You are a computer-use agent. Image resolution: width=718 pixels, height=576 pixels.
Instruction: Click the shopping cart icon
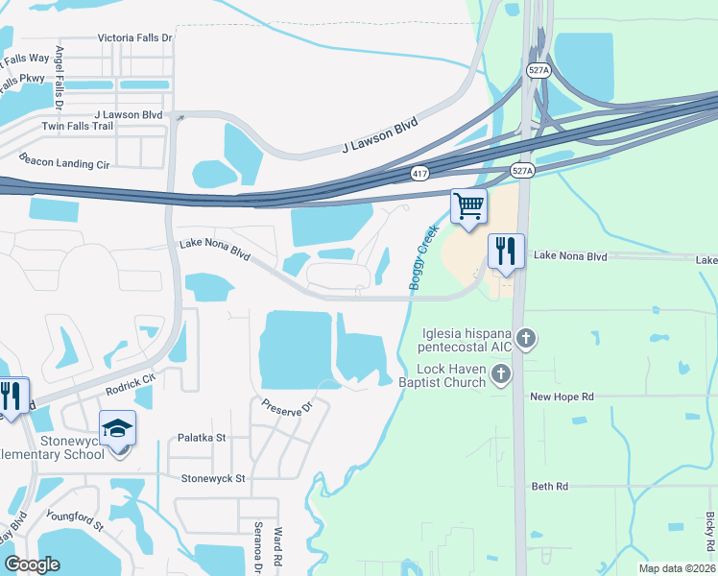tap(468, 205)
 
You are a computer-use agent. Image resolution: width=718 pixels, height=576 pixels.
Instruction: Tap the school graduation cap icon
tap(117, 427)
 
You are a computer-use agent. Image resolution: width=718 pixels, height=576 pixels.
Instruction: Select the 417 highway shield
tap(419, 174)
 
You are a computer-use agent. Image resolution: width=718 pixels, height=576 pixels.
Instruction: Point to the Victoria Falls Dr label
tap(134, 38)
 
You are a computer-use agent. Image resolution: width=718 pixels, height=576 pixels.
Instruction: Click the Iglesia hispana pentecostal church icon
tap(525, 338)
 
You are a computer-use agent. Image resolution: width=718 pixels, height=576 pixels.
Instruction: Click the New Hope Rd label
tap(562, 396)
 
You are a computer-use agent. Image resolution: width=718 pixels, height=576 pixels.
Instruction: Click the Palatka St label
tap(202, 438)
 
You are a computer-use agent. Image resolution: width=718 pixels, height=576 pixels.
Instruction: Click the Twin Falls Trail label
tap(77, 127)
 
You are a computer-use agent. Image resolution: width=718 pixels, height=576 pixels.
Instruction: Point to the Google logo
tap(33, 564)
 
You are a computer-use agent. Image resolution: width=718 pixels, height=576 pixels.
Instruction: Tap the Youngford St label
tap(74, 518)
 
